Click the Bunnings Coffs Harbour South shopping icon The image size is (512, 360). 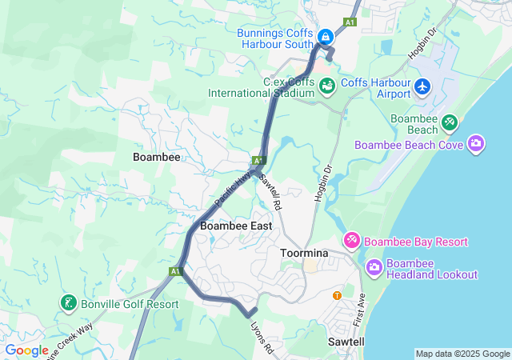coord(326,37)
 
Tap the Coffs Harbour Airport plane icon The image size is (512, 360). coord(423,86)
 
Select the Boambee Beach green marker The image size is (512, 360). coord(450,122)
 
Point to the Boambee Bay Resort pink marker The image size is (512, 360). coord(352,240)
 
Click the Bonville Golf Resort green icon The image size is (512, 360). coord(68,303)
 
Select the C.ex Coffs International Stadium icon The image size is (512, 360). coord(326,86)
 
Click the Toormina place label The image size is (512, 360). coord(305,253)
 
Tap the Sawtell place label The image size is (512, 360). coord(347,342)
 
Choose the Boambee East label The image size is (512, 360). coord(236,226)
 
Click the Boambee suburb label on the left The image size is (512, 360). coord(156,158)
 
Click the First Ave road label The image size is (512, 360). coord(360,309)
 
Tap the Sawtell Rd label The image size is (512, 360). coord(270,193)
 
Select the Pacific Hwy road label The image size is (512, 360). coord(231,183)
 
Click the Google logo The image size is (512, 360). coord(26,350)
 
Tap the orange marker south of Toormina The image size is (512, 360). coord(337,295)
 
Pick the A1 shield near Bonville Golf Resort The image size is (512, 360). coord(174,272)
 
